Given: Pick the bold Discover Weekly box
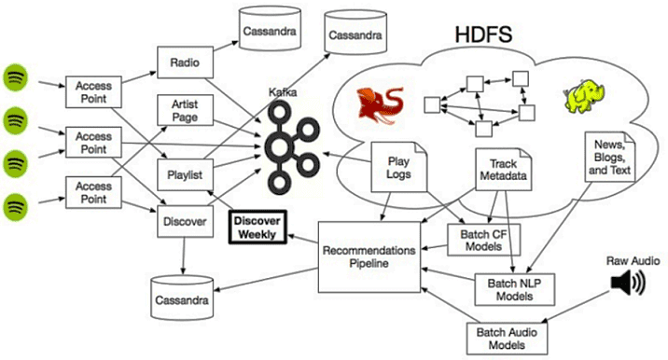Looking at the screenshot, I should coord(257,227).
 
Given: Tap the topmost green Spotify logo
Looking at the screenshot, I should coord(18,75).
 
